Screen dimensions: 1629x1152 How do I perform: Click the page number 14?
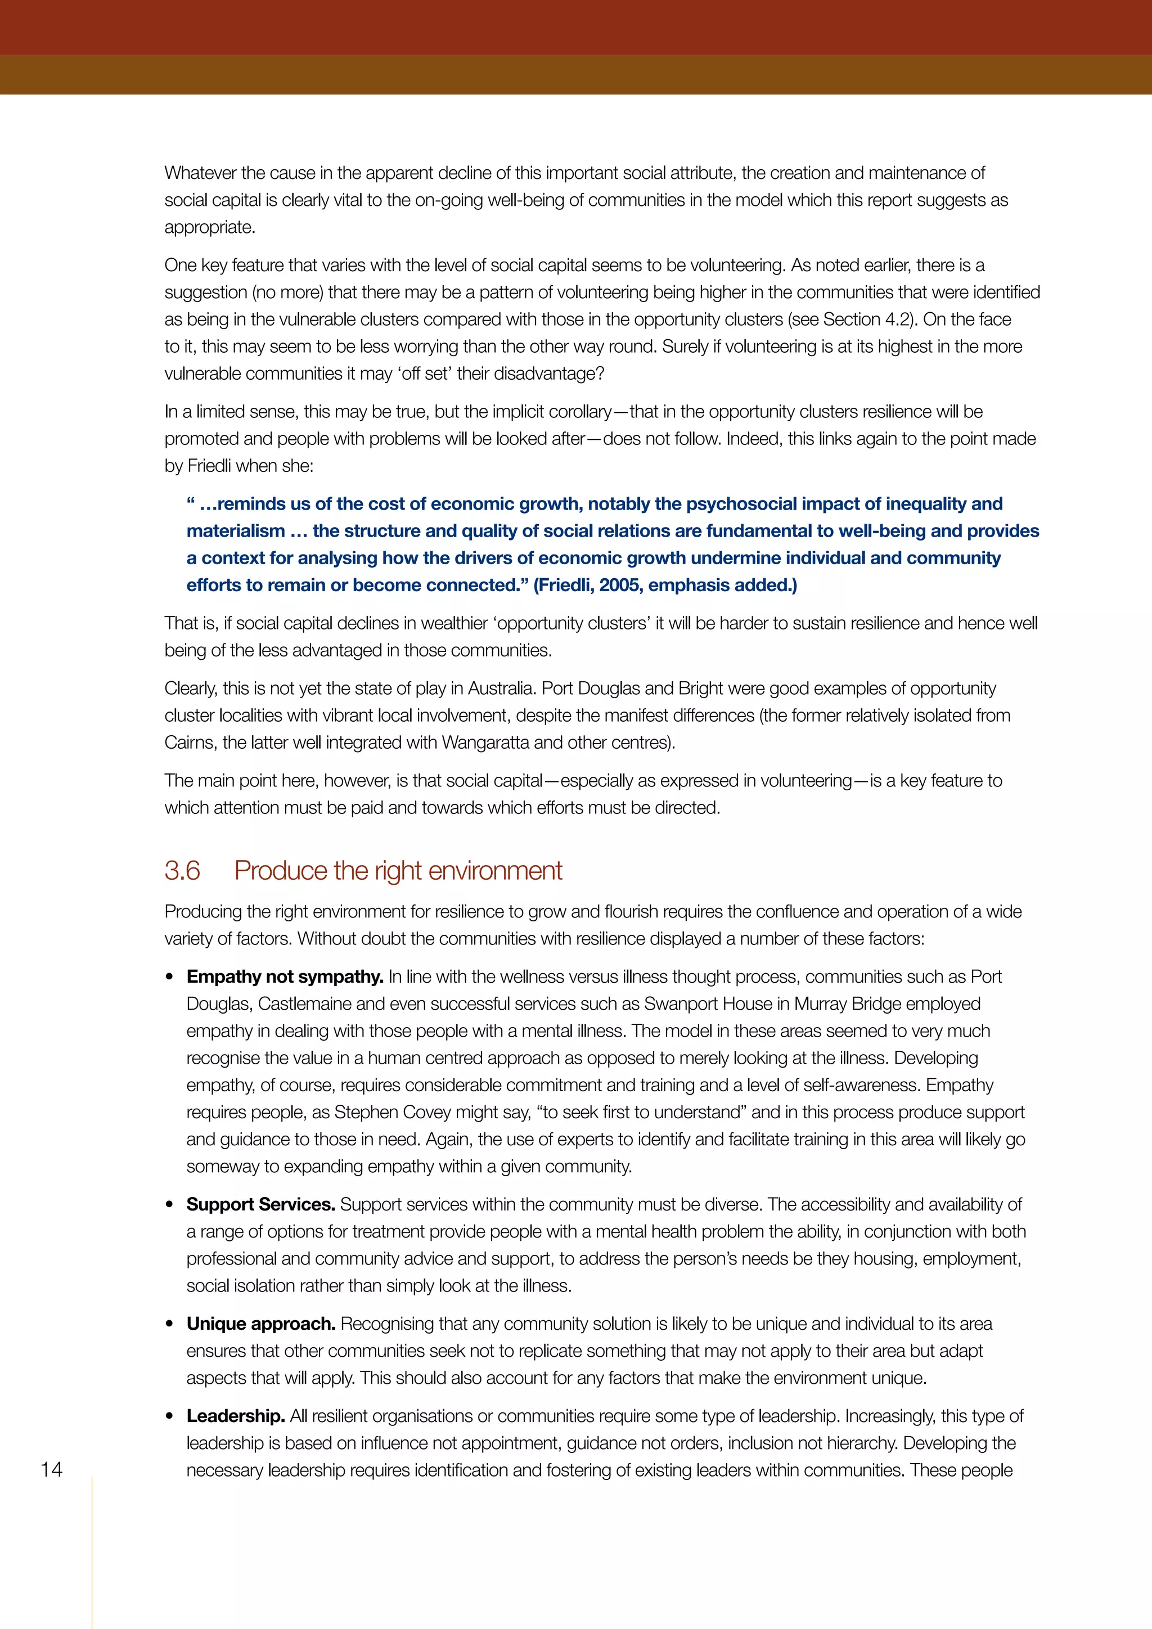point(52,1469)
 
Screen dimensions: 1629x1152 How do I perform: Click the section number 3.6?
point(182,871)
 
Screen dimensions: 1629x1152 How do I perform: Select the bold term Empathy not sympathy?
point(285,977)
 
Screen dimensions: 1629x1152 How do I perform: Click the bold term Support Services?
point(261,1205)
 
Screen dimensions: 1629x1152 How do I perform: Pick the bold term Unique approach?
point(261,1324)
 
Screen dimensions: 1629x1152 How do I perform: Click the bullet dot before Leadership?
point(169,1417)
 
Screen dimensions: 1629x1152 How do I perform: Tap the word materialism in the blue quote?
point(236,532)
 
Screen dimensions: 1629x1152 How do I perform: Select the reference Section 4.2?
point(869,320)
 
